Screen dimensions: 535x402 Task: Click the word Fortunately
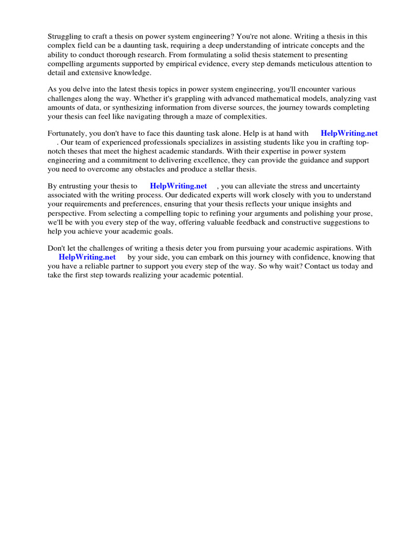(67, 133)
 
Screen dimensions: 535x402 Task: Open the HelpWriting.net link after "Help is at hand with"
(349, 133)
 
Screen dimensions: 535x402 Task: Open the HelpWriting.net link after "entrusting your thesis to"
(178, 186)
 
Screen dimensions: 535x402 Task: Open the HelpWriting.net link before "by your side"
(87, 257)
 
